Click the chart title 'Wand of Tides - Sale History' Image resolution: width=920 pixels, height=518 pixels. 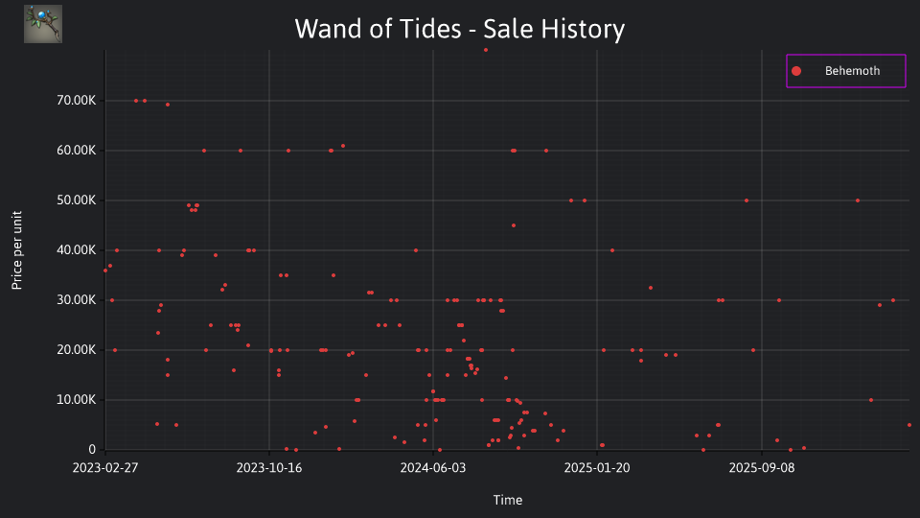(x=459, y=29)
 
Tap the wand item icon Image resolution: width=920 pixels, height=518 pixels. (x=43, y=24)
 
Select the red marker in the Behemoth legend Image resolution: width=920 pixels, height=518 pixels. (x=796, y=71)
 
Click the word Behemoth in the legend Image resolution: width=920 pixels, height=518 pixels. (x=852, y=71)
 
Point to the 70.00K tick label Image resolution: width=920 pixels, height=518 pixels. (x=77, y=101)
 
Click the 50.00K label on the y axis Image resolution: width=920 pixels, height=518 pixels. (x=77, y=200)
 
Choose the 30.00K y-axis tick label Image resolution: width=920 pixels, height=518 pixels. (x=77, y=300)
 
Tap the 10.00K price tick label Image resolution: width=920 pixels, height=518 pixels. (x=77, y=400)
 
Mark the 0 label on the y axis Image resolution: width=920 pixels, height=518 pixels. (x=92, y=449)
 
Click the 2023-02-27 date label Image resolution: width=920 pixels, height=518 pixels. (x=105, y=468)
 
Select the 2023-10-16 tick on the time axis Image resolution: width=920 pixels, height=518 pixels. (x=269, y=468)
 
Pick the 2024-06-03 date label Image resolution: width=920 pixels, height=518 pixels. (x=433, y=468)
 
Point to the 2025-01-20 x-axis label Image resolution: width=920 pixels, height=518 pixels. (x=597, y=468)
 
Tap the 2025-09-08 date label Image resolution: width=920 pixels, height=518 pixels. (x=762, y=468)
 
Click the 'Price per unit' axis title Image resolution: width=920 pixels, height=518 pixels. (x=17, y=250)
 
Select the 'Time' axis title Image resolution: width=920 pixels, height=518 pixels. (x=508, y=500)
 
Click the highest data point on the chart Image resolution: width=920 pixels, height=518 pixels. (x=486, y=50)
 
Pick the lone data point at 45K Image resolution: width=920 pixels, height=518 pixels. (x=514, y=225)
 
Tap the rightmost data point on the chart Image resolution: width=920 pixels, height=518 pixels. (x=909, y=425)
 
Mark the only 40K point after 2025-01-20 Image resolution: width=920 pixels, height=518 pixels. (x=612, y=250)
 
